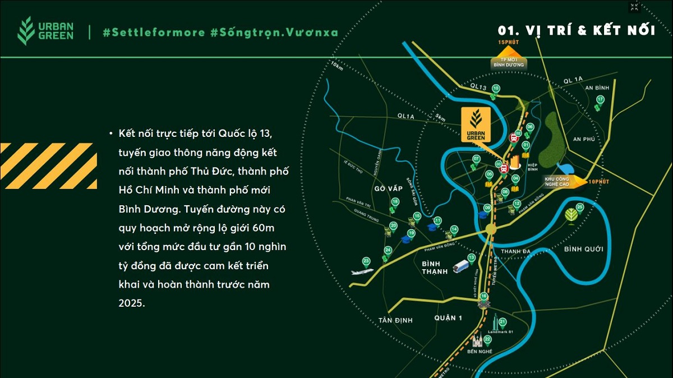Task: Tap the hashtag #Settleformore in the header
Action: coord(154,32)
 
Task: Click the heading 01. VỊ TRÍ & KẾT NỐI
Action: coord(577,30)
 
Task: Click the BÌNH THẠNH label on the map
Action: coord(435,267)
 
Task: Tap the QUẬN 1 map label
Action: coord(448,318)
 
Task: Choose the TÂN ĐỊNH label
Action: coord(395,320)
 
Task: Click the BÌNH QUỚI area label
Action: coord(580,248)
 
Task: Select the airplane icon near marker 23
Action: coord(362,271)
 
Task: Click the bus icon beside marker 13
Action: coord(460,265)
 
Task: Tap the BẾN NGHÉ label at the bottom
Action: coord(480,351)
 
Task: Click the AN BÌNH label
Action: coord(597,88)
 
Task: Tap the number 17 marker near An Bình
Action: coord(600,100)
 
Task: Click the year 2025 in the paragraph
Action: coord(131,303)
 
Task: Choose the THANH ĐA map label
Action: coord(515,251)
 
